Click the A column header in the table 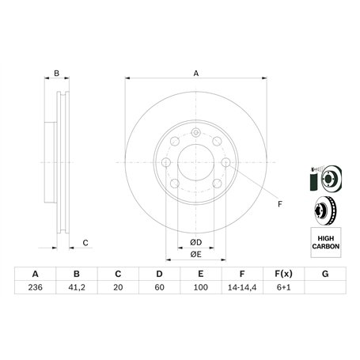tap(35, 274)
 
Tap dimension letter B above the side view tap(56, 74)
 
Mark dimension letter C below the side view tap(85, 242)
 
